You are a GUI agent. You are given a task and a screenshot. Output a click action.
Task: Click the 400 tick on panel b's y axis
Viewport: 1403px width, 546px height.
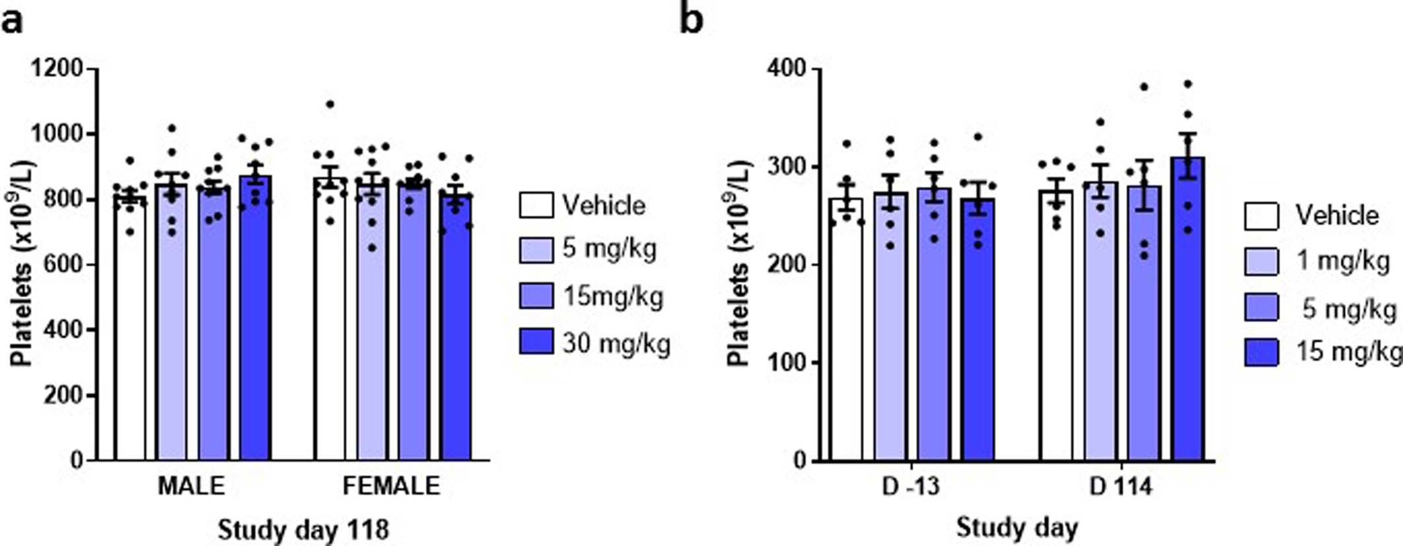pyautogui.click(x=787, y=69)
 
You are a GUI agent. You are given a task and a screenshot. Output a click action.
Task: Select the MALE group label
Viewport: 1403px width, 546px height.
pyautogui.click(x=191, y=486)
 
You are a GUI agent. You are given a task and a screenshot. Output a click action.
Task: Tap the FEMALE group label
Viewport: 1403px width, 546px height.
pyautogui.click(x=391, y=486)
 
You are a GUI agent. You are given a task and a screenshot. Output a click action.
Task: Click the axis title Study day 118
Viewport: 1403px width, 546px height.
pyautogui.click(x=303, y=529)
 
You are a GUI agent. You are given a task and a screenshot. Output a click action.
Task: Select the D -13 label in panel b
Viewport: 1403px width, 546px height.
pyautogui.click(x=911, y=487)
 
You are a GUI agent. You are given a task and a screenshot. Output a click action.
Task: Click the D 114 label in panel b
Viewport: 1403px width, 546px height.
pyautogui.click(x=1121, y=487)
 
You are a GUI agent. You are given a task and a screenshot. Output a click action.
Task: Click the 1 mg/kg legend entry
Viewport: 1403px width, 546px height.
pyautogui.click(x=1341, y=261)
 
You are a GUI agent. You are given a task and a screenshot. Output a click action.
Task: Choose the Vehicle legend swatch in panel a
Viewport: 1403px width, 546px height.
pyautogui.click(x=536, y=205)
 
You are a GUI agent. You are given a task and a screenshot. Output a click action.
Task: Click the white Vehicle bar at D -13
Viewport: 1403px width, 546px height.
pyautogui.click(x=846, y=330)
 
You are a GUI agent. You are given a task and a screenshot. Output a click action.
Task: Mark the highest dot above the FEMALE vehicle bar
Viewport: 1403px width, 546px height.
pyautogui.click(x=330, y=104)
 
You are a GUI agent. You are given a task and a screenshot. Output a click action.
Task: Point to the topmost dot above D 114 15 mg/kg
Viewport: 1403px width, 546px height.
pyautogui.click(x=1188, y=84)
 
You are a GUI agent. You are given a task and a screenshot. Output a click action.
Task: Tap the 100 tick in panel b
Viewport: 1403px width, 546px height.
pyautogui.click(x=787, y=362)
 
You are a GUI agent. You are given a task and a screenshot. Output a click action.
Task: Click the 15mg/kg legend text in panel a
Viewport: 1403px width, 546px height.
pyautogui.click(x=613, y=296)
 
